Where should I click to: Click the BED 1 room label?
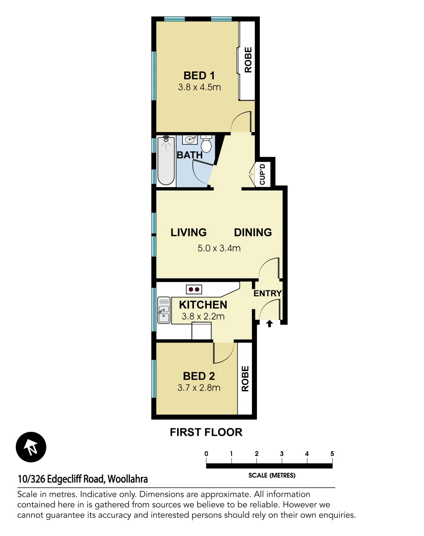(199, 75)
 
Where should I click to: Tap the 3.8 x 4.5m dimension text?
(199, 87)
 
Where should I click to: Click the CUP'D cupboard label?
(263, 174)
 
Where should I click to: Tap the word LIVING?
(188, 232)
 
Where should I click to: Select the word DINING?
(253, 232)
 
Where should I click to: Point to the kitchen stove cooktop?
(194, 289)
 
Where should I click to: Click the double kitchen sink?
(164, 311)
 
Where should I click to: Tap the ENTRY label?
(267, 293)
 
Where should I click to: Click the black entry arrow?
(269, 324)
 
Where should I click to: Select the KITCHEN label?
(203, 305)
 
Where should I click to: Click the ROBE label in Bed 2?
(245, 379)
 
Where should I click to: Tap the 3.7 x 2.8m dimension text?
(199, 388)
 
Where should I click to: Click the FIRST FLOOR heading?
(206, 432)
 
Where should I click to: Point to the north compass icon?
(31, 447)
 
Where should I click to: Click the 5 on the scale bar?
(332, 454)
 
